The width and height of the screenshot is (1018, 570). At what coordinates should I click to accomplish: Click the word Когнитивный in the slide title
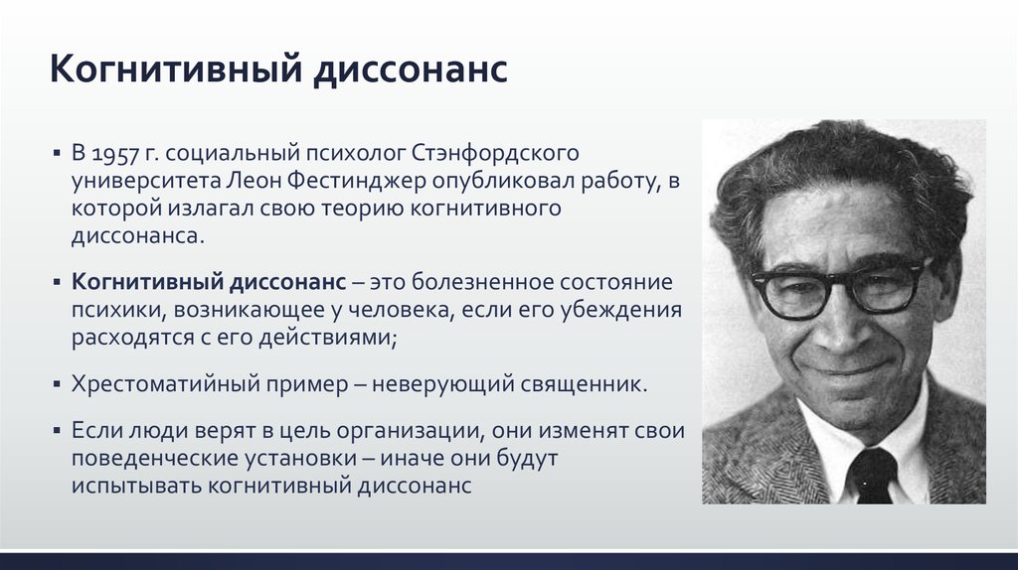[x=176, y=70]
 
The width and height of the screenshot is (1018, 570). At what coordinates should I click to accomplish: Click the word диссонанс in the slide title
[x=411, y=70]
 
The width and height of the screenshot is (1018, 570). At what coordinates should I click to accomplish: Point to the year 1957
[x=115, y=154]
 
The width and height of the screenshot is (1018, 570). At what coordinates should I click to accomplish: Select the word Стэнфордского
[x=495, y=154]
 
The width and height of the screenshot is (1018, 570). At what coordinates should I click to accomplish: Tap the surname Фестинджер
[x=357, y=181]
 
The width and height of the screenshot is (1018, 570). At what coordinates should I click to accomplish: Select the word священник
[x=585, y=384]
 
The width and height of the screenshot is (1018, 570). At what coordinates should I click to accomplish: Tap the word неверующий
[x=443, y=384]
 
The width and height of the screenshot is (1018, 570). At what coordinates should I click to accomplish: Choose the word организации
[x=412, y=431]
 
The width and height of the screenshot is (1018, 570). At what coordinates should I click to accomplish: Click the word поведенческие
[x=155, y=459]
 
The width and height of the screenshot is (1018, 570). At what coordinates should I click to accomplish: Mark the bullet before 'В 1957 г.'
[x=57, y=154]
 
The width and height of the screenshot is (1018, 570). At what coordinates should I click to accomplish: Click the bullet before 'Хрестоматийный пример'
[x=57, y=384]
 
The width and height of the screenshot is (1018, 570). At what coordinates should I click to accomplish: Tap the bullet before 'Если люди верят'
[x=57, y=431]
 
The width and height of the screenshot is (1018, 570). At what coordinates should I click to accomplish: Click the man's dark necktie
[x=870, y=476]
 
